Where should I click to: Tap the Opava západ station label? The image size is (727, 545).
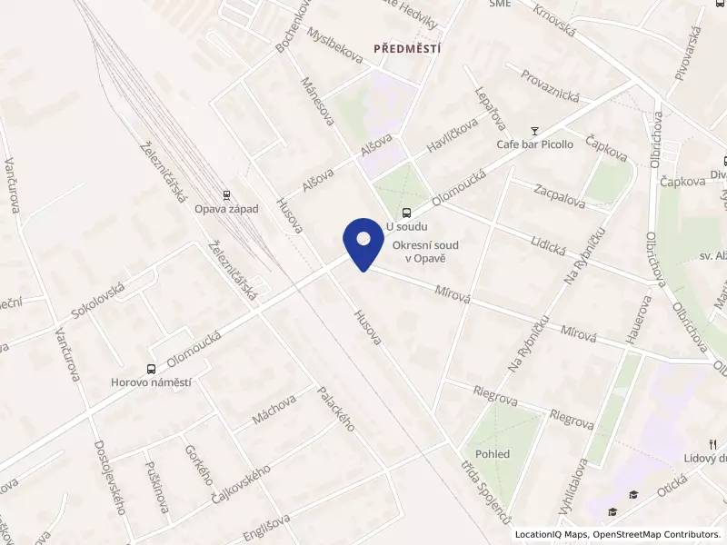[226, 209]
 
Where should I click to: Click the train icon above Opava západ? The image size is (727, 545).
[226, 194]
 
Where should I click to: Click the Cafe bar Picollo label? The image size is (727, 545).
[534, 144]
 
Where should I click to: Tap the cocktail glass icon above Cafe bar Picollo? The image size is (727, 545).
[535, 130]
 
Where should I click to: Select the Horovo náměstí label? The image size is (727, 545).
[151, 382]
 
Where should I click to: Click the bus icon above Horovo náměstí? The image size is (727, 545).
[150, 369]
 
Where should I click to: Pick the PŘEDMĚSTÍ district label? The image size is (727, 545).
[407, 48]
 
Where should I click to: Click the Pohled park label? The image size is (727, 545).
[492, 453]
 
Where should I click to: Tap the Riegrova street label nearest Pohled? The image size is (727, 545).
[572, 419]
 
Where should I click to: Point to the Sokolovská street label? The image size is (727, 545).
[103, 298]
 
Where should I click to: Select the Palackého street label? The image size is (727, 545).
[335, 410]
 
